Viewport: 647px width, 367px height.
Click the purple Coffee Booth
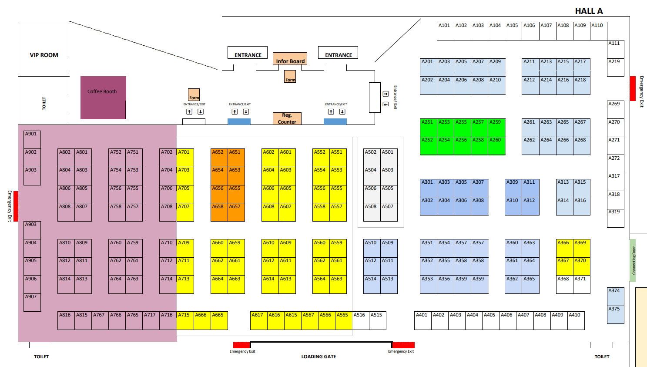[103, 98]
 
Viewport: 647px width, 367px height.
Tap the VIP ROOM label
[44, 55]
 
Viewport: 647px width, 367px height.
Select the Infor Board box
[290, 59]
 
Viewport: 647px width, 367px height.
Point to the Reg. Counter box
[287, 118]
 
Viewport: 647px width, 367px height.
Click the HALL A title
[589, 11]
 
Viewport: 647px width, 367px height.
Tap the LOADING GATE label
[318, 357]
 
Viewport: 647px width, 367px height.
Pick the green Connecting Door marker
[633, 260]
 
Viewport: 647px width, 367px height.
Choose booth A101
[445, 31]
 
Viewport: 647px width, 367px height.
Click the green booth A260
[496, 146]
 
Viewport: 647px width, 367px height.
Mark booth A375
[615, 314]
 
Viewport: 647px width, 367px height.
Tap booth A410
[576, 320]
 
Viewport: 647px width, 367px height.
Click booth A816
[66, 320]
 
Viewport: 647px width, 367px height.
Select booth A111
[615, 49]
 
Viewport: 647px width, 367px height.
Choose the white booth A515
[377, 320]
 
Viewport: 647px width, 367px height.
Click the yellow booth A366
[564, 248]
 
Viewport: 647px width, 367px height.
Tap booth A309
[513, 188]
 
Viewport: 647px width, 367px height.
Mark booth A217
[581, 67]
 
